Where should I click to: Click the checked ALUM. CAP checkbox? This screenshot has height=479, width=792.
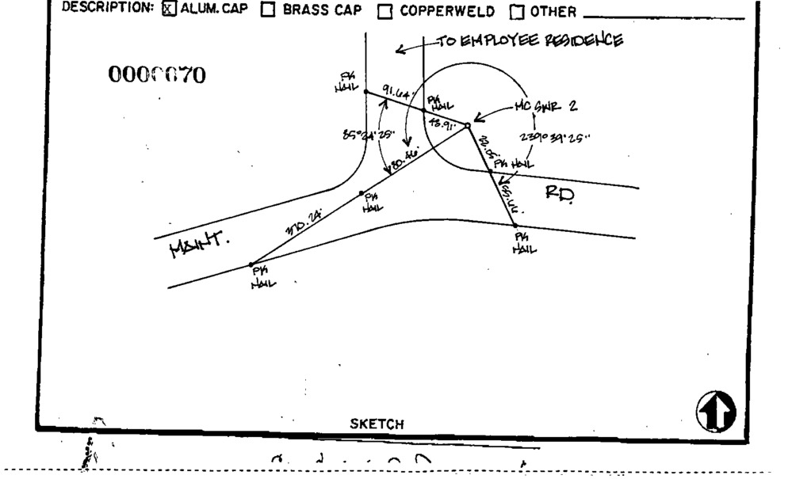click(168, 11)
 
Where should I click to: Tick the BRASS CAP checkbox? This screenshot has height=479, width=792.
click(268, 11)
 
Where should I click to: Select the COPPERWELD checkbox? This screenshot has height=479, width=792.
click(385, 12)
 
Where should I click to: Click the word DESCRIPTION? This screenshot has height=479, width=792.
click(111, 11)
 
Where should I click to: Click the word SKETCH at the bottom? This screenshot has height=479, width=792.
click(377, 424)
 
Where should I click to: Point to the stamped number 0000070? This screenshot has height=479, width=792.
click(156, 76)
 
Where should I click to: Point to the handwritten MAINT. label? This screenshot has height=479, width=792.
click(198, 247)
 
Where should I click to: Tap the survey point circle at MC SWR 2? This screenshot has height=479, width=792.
click(467, 125)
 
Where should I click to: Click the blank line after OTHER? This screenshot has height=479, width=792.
click(663, 16)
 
